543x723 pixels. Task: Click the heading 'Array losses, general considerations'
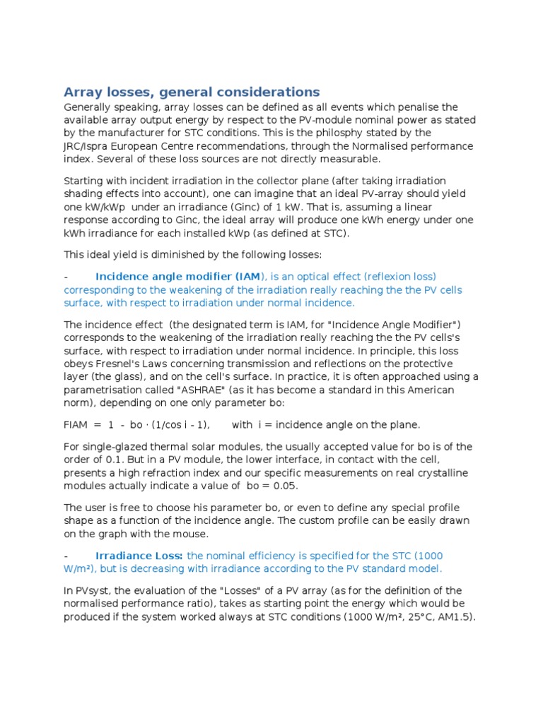tap(192, 92)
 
